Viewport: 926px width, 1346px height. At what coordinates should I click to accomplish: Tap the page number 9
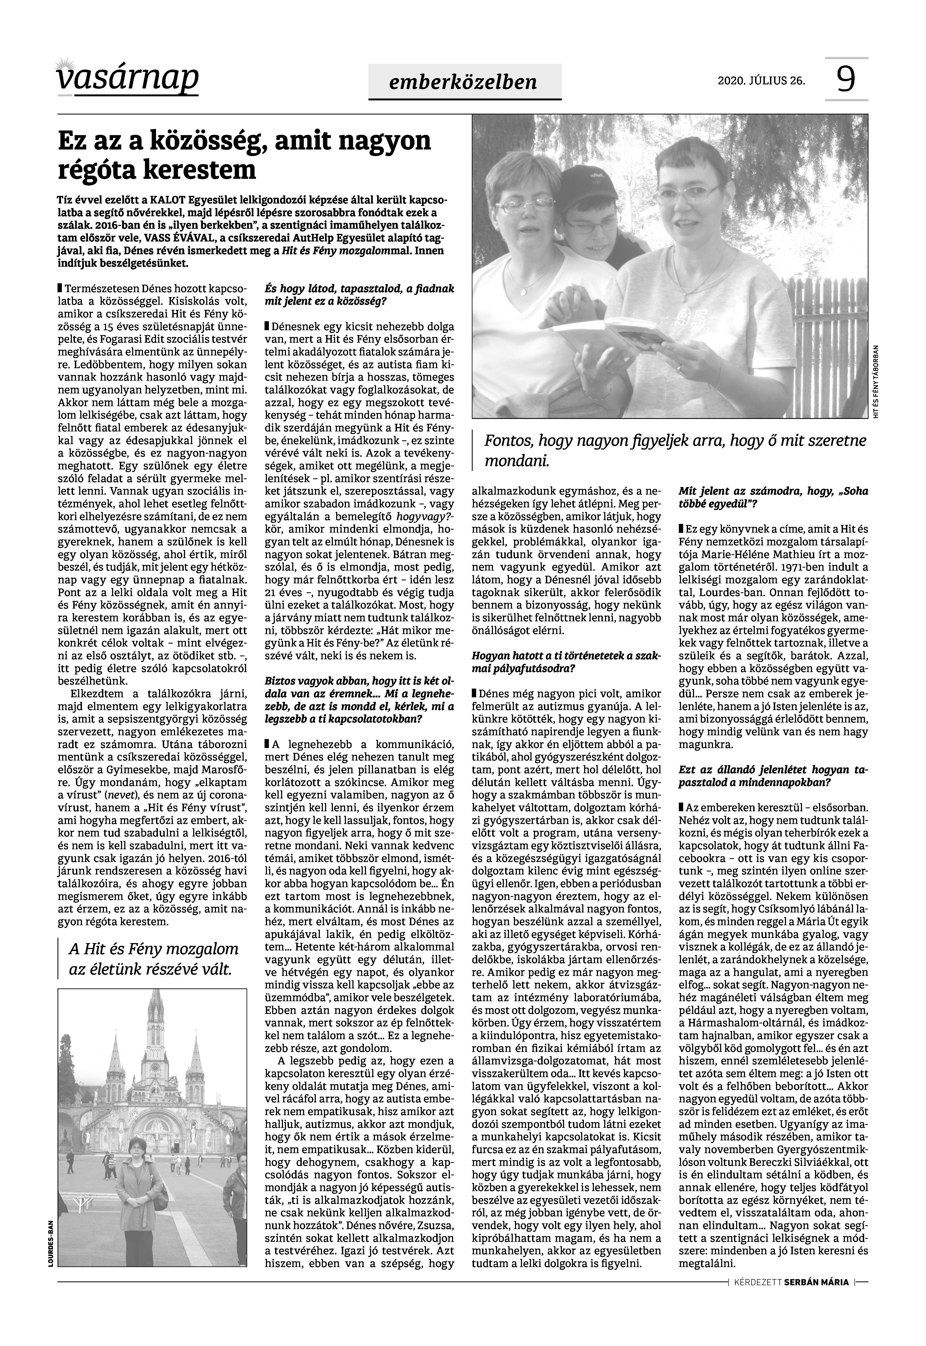point(846,80)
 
